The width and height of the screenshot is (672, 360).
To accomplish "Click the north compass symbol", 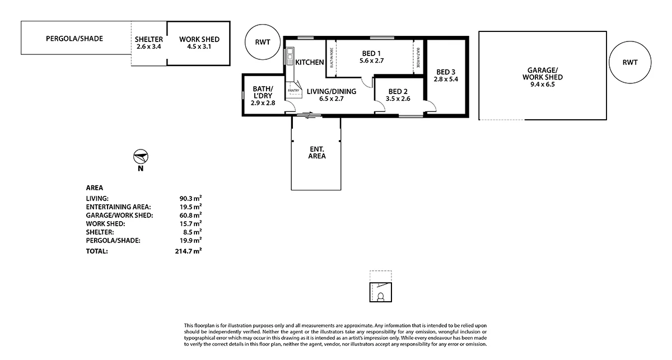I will (141, 156).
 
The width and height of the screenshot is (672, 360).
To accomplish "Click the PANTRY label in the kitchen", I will (293, 90).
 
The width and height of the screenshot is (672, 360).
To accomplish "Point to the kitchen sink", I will (290, 57).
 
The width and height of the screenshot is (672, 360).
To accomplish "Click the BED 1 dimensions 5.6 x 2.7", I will (371, 60).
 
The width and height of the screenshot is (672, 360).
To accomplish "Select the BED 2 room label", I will (398, 91).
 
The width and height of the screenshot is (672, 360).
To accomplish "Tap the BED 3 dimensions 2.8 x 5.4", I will (446, 80).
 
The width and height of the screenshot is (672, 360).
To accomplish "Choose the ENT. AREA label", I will (316, 152).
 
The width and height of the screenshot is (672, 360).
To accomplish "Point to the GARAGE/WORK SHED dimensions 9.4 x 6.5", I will (542, 85).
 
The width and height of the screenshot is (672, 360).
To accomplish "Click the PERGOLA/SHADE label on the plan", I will (74, 39).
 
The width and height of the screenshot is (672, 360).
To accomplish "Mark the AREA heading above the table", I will (94, 188).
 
